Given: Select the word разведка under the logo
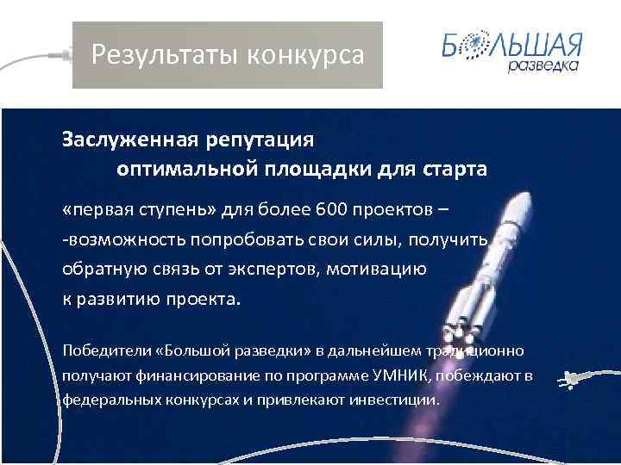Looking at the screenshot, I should tap(543, 66).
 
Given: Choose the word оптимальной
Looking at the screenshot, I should tap(180, 169).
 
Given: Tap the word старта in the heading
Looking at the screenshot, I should tap(454, 169).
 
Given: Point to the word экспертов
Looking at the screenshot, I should tap(279, 269).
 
